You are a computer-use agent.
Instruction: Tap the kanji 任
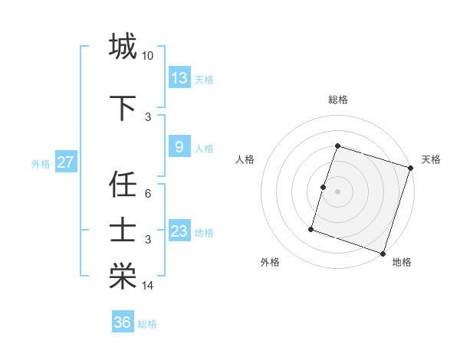(x=123, y=185)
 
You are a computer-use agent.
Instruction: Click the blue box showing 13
(x=179, y=78)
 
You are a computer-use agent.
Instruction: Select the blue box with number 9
(x=179, y=147)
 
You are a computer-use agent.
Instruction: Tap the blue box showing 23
(x=179, y=231)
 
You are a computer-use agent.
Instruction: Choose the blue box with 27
(x=65, y=162)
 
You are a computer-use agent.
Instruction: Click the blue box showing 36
(x=123, y=322)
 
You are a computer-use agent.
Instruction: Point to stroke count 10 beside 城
(x=147, y=56)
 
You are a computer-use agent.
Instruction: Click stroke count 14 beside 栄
(x=148, y=286)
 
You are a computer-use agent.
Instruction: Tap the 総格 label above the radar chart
(x=338, y=100)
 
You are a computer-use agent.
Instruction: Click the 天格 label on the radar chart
(x=431, y=159)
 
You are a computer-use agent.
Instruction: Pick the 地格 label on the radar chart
(x=402, y=262)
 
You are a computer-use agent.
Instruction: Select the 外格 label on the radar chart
(x=270, y=262)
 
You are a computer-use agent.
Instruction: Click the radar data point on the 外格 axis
(x=311, y=228)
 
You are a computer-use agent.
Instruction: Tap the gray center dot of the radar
(x=337, y=191)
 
